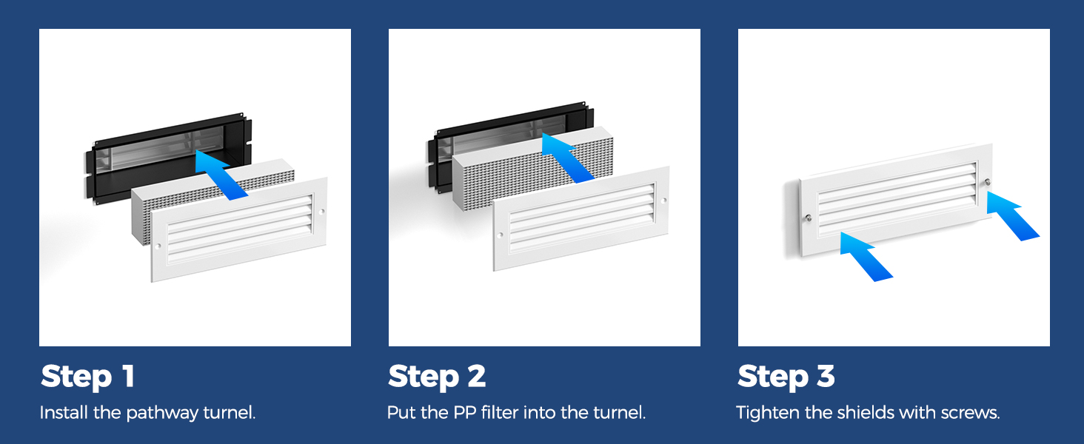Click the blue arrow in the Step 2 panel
coord(567,158)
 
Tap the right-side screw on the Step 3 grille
coord(988,182)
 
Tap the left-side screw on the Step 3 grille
coord(808,218)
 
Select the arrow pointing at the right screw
coord(1012,216)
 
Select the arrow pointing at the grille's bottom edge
coord(866,257)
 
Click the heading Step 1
coord(87,377)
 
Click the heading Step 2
coord(437,377)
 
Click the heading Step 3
coord(786,377)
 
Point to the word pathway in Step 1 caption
coord(162,414)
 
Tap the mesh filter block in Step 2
coord(532,169)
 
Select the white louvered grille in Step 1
coord(238,229)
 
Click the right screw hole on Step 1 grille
coord(322,212)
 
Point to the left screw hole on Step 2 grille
coord(501,235)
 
